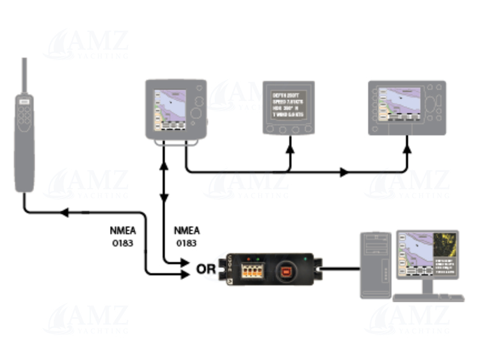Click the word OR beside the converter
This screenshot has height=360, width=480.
tap(205, 269)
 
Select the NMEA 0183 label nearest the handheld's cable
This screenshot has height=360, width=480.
tap(122, 237)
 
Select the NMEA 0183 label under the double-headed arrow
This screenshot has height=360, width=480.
tap(186, 237)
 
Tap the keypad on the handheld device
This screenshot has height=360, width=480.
tap(24, 118)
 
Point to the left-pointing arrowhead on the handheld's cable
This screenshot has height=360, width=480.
tap(63, 212)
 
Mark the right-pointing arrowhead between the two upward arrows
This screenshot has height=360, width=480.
tap(344, 172)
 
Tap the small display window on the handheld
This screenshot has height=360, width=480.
tap(24, 101)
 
